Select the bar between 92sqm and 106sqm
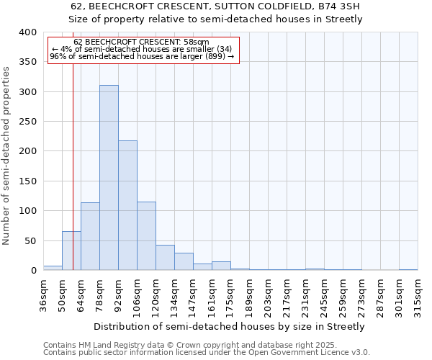point(127,205)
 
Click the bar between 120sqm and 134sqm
point(165,258)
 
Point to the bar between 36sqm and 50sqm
point(53,268)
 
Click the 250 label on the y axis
point(27,122)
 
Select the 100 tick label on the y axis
point(27,211)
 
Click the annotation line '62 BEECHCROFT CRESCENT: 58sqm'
point(141,42)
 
